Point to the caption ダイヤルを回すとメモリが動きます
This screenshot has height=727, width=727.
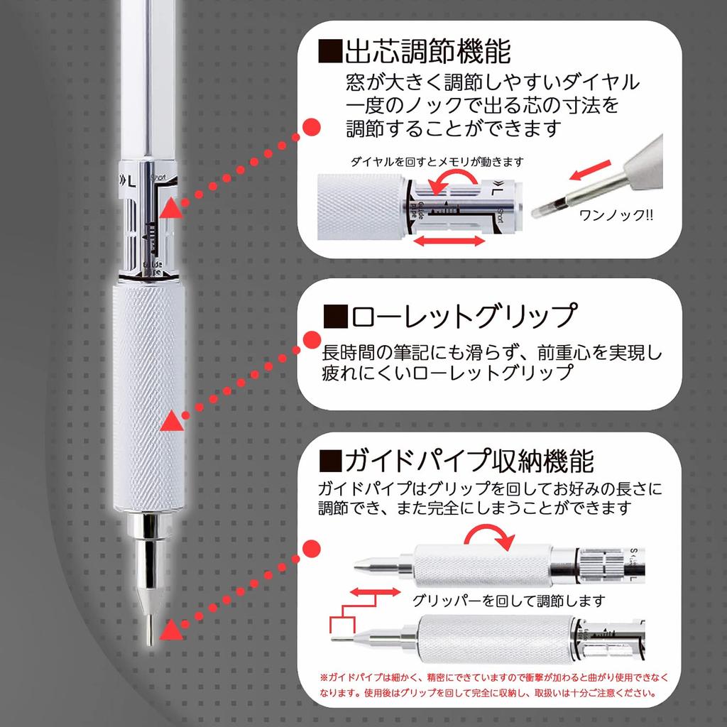437,161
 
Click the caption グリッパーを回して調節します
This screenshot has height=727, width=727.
508,601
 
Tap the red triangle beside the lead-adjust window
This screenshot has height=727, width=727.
170,209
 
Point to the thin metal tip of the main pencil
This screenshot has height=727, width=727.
149,628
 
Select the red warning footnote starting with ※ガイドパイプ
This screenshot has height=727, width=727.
493,684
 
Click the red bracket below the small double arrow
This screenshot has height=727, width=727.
343,622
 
